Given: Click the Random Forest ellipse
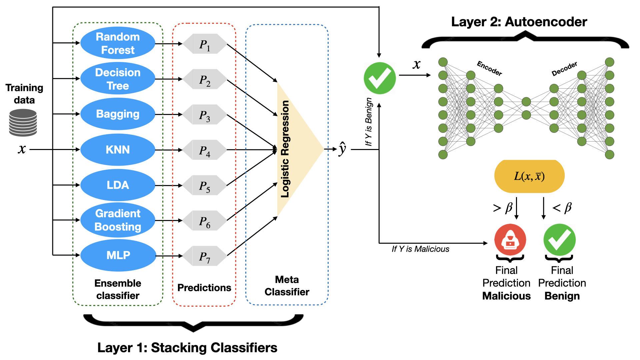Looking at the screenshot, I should coord(118,43).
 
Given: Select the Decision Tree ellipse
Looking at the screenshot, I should coord(118,79).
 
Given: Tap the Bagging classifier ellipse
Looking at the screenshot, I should coord(118,114).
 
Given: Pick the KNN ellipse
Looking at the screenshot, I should coord(118,150).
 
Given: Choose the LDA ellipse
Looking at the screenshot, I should coord(118,185).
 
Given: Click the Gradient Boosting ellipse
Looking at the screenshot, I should coord(118,220).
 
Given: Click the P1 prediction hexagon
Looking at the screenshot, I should coord(205,44).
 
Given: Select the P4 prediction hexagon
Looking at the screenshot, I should coord(205,150).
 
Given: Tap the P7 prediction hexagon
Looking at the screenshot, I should coord(205,256).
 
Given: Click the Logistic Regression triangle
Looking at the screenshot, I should coord(295,149).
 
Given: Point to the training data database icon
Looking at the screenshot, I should coord(23,123).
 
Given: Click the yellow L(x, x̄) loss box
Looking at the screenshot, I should coord(529,176).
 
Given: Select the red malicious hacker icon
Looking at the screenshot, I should coord(510,240).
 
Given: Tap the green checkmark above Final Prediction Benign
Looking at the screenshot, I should coord(559,240).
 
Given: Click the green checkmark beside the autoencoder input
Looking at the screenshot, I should coord(380,78).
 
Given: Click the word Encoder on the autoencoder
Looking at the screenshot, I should coord(489,68).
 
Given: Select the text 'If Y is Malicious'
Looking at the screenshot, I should coord(420,249).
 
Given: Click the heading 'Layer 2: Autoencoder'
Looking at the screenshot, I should coord(519,22).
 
